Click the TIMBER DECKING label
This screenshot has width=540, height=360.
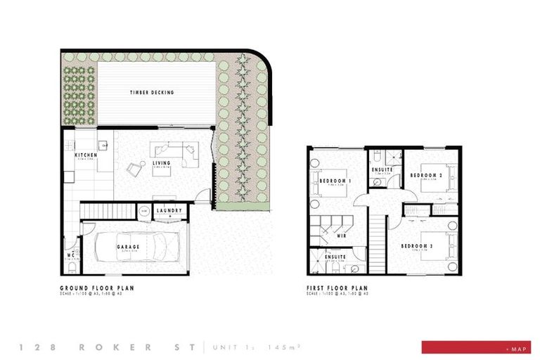point(152,92)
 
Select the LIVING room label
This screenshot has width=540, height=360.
point(162,162)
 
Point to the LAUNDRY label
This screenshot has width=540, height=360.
point(169,210)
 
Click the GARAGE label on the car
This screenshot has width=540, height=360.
point(128,247)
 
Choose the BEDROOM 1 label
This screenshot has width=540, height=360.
point(335,181)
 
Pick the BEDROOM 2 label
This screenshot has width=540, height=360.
point(425,174)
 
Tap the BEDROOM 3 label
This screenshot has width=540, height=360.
point(416,246)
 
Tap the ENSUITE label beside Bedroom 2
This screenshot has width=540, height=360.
point(382,169)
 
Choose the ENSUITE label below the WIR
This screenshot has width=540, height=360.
point(335,257)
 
